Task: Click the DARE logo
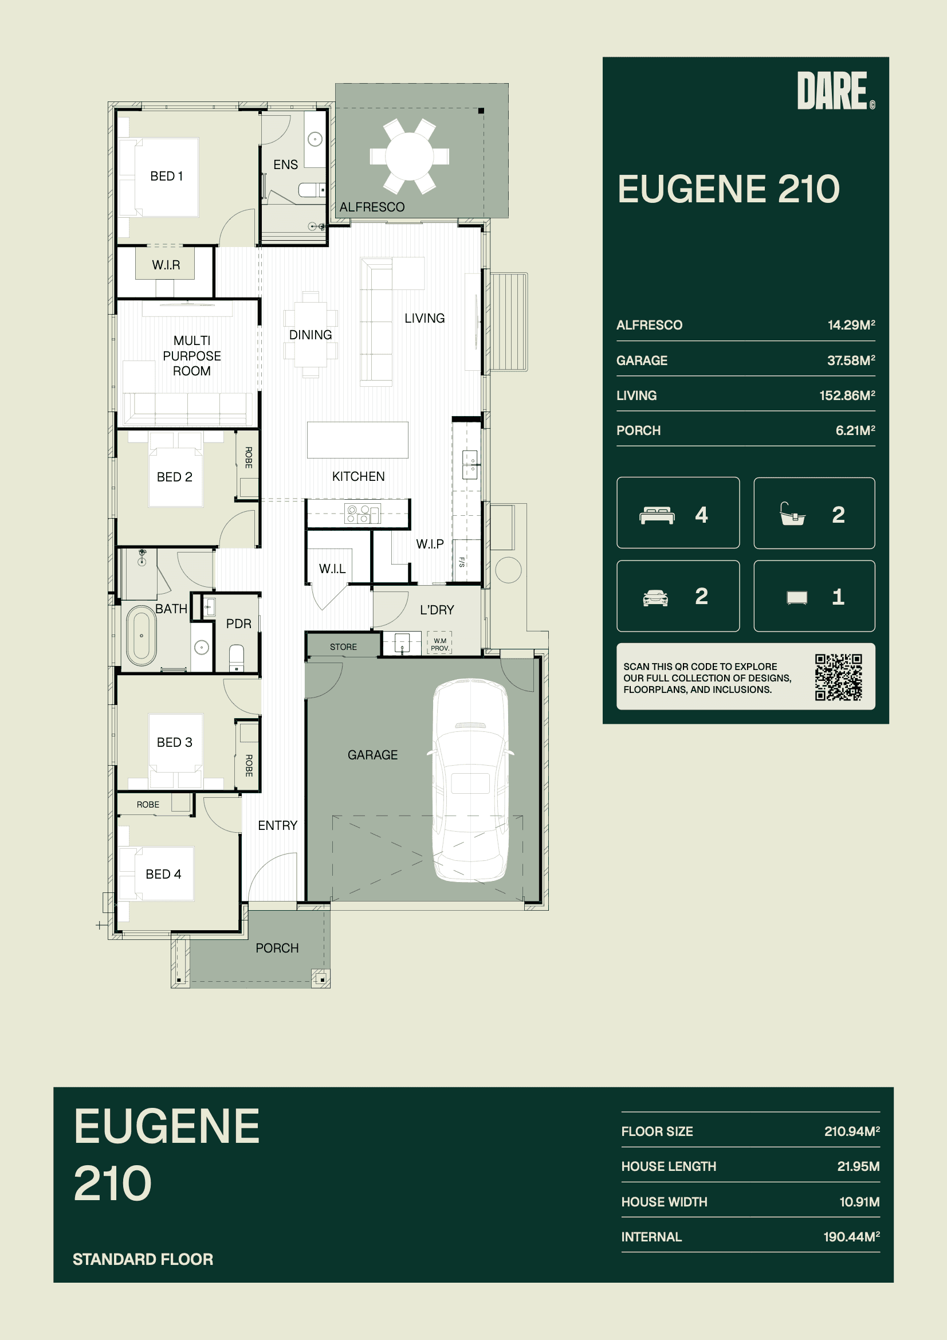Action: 835,91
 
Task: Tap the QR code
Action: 839,677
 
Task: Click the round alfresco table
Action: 410,156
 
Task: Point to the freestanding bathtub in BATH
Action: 141,636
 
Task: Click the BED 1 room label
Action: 166,177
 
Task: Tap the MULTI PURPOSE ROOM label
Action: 192,355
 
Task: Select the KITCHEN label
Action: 358,476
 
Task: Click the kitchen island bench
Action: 357,440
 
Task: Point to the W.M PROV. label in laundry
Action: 440,644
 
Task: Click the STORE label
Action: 343,647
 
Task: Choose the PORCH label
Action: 277,948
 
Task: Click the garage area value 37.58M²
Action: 851,360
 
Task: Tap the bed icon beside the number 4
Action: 657,515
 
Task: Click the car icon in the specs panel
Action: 655,598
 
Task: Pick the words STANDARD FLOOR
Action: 143,1259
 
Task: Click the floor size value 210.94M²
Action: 852,1131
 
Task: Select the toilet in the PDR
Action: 236,657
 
